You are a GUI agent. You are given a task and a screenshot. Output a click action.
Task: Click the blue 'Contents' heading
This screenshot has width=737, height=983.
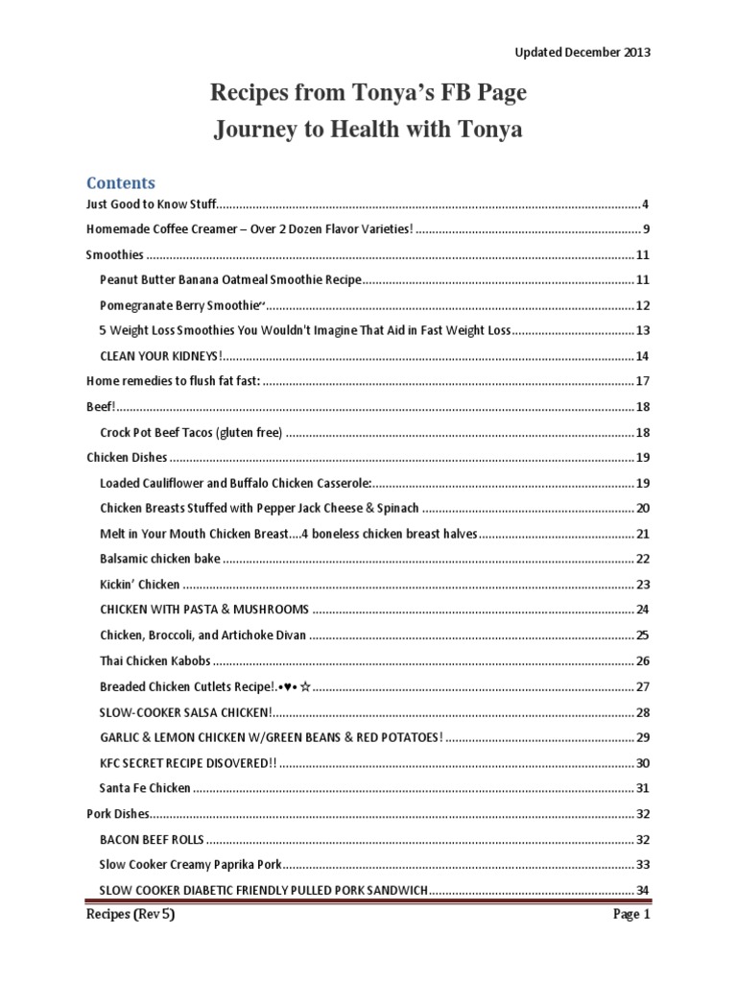click(121, 182)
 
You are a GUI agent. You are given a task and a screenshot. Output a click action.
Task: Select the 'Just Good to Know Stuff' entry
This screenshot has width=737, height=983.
click(152, 204)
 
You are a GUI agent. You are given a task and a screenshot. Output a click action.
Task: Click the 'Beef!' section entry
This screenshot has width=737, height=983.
click(100, 406)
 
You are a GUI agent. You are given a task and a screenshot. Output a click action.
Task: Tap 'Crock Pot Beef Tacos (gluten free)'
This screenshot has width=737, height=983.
click(191, 432)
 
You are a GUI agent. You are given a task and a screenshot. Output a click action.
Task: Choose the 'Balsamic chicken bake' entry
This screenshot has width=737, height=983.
click(159, 558)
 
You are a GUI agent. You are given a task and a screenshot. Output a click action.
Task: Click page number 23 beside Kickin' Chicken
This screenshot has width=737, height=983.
click(643, 584)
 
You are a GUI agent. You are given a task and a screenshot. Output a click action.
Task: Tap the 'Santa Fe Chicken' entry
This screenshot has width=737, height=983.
click(145, 788)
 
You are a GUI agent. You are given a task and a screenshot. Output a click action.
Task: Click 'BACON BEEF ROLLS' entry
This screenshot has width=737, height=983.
click(151, 838)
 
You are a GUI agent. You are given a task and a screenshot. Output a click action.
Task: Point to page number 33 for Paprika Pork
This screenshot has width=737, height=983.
click(643, 864)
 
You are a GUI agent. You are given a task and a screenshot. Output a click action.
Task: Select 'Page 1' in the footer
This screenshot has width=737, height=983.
click(632, 915)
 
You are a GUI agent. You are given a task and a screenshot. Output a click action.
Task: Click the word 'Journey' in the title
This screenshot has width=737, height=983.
click(247, 130)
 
